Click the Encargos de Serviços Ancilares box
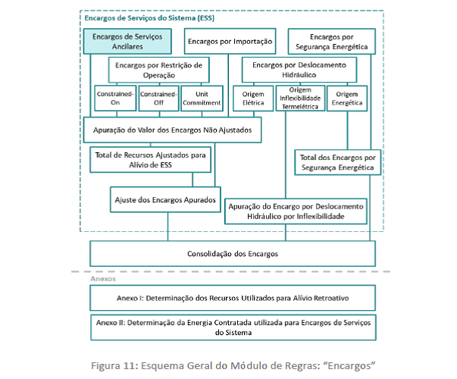click(127, 42)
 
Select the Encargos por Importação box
click(230, 41)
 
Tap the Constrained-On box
click(115, 99)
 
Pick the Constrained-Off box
click(158, 99)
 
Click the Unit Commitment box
click(202, 99)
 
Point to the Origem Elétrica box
click(253, 99)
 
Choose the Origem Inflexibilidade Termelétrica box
click(300, 99)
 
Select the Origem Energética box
click(347, 99)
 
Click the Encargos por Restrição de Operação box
click(159, 70)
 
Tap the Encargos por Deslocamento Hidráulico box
click(299, 70)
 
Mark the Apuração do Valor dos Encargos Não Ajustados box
click(172, 130)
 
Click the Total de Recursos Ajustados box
click(150, 160)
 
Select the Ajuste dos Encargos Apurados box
click(165, 199)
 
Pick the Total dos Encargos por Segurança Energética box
click(338, 162)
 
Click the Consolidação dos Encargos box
click(233, 254)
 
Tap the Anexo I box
click(233, 298)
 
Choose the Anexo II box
click(233, 327)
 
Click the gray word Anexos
click(103, 279)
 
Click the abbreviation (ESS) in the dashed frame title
click(206, 18)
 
